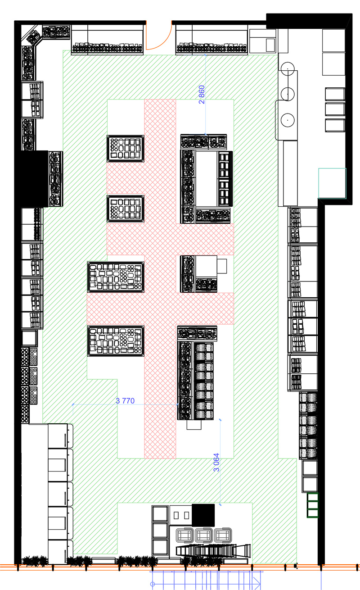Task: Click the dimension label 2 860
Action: (x=202, y=94)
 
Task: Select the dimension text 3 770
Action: (x=125, y=401)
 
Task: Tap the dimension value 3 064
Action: (x=216, y=462)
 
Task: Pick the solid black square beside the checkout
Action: (x=203, y=515)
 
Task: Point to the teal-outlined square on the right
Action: (x=333, y=183)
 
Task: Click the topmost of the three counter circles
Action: (x=288, y=68)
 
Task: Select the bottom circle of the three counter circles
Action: (x=288, y=120)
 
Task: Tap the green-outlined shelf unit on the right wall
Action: (x=313, y=505)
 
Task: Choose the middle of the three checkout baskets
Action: (x=204, y=535)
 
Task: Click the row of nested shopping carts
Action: (x=213, y=550)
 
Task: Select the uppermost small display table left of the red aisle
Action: (x=126, y=148)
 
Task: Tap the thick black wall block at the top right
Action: (x=309, y=21)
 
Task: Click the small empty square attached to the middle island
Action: (x=222, y=266)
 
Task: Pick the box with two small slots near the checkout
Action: (x=181, y=515)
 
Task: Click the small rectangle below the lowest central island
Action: (x=194, y=425)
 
